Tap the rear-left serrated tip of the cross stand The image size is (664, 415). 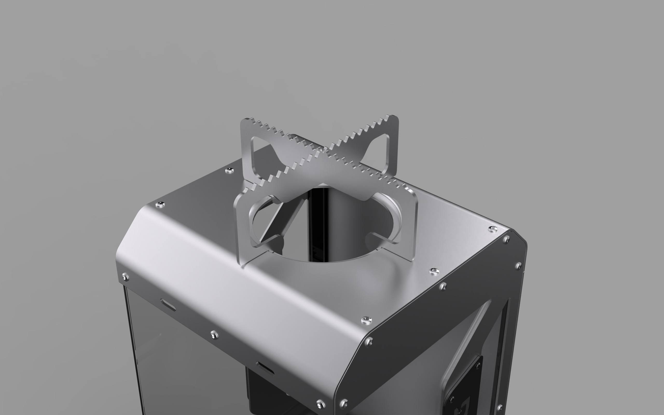coord(247,122)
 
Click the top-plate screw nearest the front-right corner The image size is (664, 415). coord(366,319)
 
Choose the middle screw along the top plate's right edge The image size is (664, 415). coord(433,271)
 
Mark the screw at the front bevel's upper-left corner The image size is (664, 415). coord(125,277)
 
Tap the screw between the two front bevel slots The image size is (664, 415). coord(214,334)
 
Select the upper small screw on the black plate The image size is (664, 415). coord(478,365)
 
